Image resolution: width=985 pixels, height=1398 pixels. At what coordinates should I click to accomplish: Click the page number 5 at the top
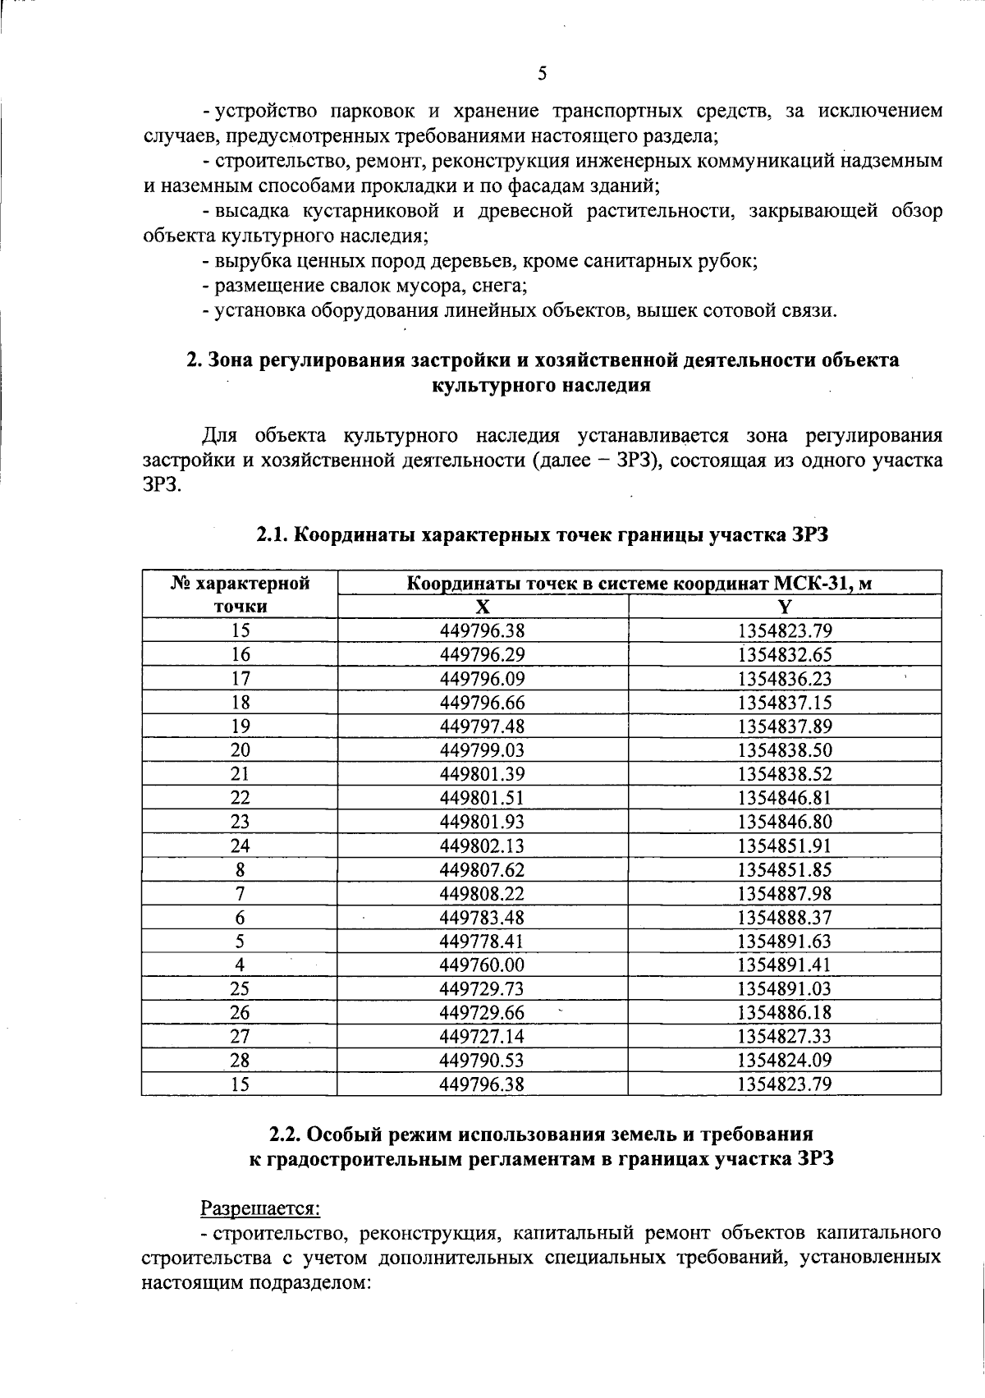[542, 74]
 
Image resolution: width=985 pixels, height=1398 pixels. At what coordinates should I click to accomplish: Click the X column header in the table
[483, 607]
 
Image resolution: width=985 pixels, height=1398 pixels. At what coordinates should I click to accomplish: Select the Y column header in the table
[785, 607]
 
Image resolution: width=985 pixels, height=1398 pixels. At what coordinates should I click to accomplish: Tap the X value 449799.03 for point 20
[483, 749]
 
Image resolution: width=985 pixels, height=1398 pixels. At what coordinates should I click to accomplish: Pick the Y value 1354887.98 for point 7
[785, 893]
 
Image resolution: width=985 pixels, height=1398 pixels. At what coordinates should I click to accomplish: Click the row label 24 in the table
[240, 846]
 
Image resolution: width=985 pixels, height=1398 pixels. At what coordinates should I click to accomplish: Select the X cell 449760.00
[483, 965]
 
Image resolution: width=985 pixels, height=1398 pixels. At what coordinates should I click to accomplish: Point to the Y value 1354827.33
[785, 1036]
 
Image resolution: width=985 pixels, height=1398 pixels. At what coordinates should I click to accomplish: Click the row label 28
[240, 1060]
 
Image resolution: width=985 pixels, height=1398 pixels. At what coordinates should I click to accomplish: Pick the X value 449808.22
[483, 893]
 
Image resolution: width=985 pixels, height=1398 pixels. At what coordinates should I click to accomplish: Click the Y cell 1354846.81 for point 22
[785, 797]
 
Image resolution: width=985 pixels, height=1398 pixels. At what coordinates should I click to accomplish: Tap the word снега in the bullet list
[501, 286]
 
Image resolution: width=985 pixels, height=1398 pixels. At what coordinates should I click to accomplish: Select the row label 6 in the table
[240, 917]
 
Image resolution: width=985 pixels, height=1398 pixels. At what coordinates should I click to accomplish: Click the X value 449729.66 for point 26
[483, 1012]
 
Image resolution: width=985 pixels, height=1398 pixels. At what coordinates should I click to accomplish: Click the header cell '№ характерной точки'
[240, 594]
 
